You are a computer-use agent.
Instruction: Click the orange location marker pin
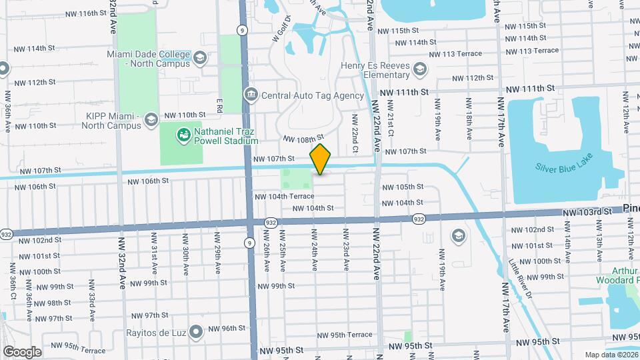pos(321,159)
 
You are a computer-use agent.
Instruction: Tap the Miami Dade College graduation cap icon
pos(199,58)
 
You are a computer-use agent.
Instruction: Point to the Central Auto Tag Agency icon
pos(250,95)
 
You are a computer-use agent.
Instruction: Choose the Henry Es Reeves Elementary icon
pos(419,69)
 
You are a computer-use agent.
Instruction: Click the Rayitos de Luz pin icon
pos(196,331)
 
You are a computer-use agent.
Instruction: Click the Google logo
pos(22,351)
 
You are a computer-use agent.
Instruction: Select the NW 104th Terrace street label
pos(284,197)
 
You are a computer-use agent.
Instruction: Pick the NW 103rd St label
pos(587,212)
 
